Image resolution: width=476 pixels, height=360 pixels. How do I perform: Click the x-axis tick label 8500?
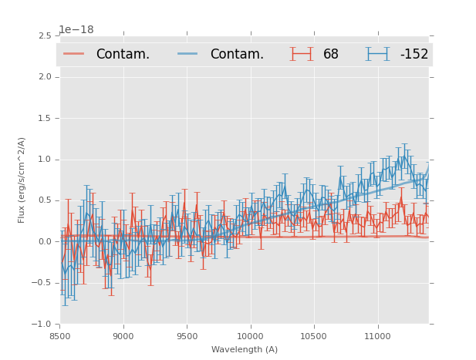pyautogui.click(x=59, y=336)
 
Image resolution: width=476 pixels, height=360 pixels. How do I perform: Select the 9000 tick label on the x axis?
pyautogui.click(x=123, y=336)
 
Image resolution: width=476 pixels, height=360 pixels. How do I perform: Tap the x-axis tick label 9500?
pyautogui.click(x=187, y=336)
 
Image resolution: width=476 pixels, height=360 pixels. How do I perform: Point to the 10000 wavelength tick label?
pyautogui.click(x=250, y=336)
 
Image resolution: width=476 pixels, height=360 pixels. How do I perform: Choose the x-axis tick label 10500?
pyautogui.click(x=314, y=336)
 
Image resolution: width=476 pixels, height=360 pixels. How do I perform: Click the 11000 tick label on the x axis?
pyautogui.click(x=377, y=336)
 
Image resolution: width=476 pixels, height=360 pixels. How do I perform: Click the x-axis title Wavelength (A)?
pyautogui.click(x=245, y=350)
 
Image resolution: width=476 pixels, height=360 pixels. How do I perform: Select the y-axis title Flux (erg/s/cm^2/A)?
pyautogui.click(x=22, y=180)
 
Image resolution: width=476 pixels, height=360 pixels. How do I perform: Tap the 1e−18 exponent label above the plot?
pyautogui.click(x=76, y=29)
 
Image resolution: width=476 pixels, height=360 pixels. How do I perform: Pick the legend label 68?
pyautogui.click(x=331, y=55)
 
